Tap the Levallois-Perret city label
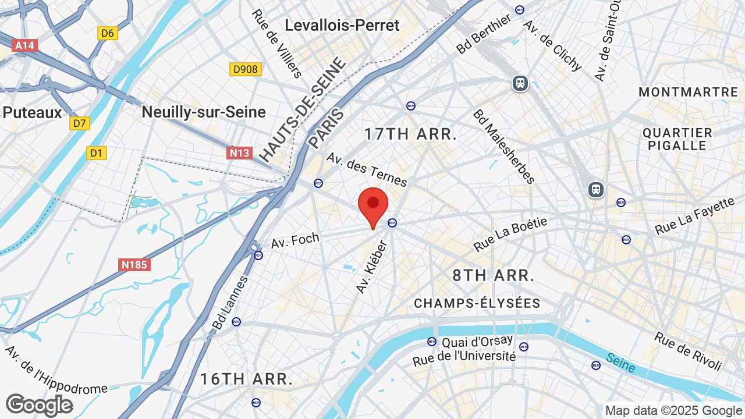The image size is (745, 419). coord(342,26)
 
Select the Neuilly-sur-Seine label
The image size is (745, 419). coord(204,112)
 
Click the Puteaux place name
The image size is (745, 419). coord(32,112)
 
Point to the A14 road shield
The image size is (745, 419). coord(25,45)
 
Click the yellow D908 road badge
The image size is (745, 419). coord(245,69)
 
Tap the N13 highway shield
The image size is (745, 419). coord(239,153)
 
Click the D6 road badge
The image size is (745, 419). coord(108,33)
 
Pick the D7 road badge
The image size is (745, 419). coord(80,123)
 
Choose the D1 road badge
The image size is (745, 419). coord(97,153)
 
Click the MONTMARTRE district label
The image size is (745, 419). coord(688,92)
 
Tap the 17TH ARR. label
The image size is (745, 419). coord(410,134)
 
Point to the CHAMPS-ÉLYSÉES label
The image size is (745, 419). coord(477,303)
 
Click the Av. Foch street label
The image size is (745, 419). coord(296,239)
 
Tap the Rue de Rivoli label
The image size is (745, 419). coord(688,351)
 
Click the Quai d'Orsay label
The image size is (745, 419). coord(477,341)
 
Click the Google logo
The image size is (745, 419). coord(39,405)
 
